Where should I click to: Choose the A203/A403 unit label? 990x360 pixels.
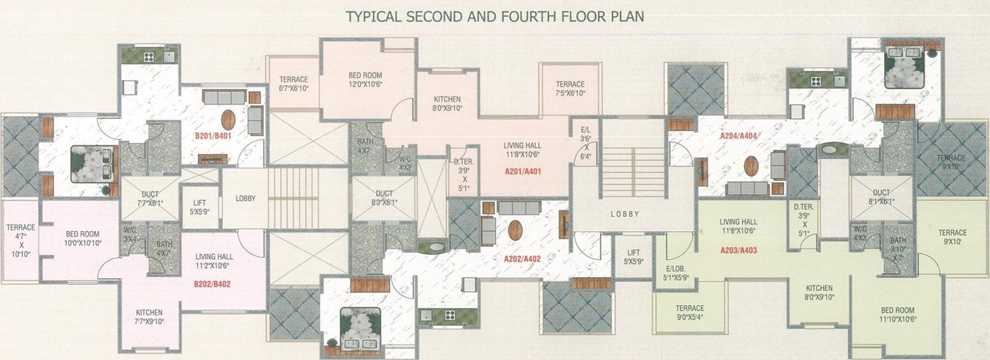coord(738,250)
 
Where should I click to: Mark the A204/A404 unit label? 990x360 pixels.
coord(738,136)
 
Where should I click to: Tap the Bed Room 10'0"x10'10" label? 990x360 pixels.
coord(82,238)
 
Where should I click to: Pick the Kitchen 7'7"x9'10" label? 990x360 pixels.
coord(149,316)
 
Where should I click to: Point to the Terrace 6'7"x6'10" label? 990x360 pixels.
coord(293,84)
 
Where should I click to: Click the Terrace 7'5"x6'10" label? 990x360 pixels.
coord(570,88)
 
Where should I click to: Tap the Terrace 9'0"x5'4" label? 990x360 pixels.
coord(689,312)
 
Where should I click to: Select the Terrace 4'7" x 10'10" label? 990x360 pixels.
coord(20,240)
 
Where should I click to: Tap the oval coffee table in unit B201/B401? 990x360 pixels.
coord(228,119)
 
